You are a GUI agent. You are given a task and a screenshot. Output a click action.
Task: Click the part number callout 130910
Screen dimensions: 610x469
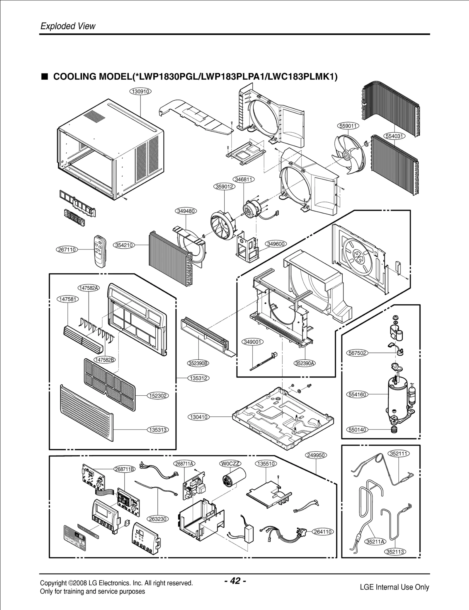140,91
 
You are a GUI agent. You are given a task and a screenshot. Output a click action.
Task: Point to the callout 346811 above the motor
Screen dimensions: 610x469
244,179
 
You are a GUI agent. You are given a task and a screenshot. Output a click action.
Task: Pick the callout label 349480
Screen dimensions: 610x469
186,211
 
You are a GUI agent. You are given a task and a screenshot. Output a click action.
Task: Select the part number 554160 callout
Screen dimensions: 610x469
357,394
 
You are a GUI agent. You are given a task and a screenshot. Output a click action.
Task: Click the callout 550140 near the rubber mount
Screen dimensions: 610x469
357,430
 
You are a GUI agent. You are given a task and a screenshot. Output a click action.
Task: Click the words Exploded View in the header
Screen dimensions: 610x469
68,26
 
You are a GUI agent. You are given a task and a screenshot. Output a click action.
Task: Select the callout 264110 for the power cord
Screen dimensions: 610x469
323,532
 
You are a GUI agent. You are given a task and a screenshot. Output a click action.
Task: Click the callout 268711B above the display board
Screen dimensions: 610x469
125,469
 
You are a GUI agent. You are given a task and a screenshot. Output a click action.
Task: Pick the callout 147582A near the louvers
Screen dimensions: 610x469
89,288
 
